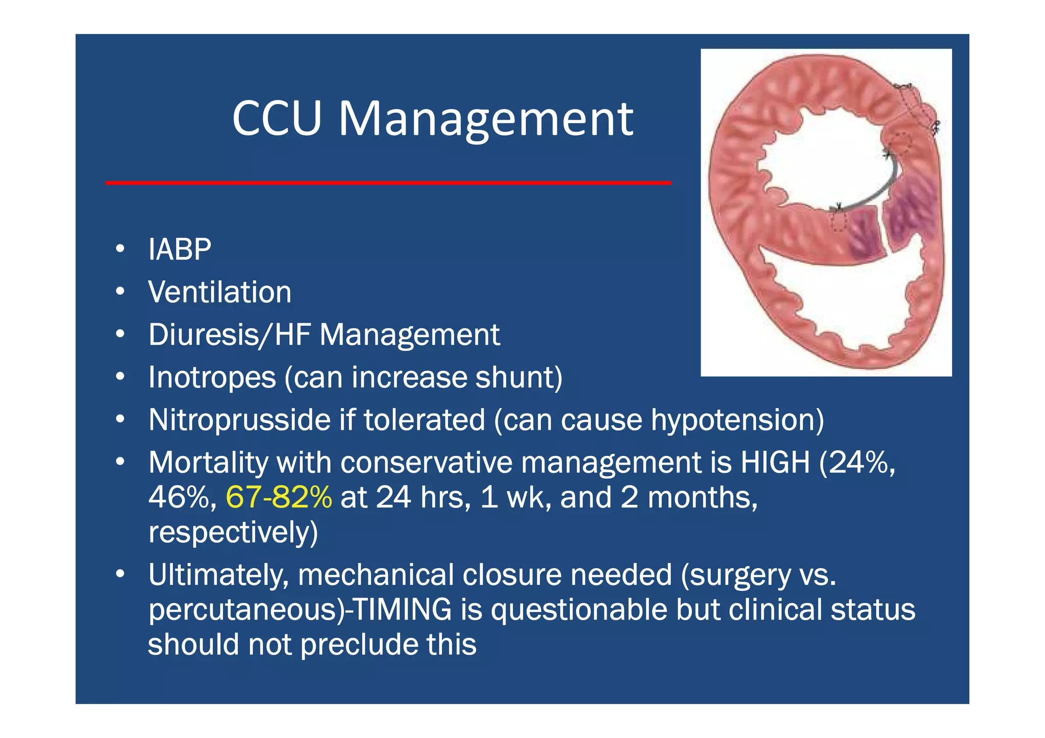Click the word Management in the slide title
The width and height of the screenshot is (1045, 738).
(x=486, y=119)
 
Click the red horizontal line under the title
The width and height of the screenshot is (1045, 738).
(x=388, y=182)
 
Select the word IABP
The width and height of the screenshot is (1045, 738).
(x=180, y=249)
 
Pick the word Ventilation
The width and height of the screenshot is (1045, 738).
(x=219, y=292)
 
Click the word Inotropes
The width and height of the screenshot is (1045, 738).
(x=212, y=377)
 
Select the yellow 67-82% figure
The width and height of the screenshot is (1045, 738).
(x=279, y=497)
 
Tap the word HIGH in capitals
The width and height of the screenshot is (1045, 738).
(x=775, y=463)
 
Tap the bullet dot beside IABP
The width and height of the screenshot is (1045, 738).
(x=120, y=249)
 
